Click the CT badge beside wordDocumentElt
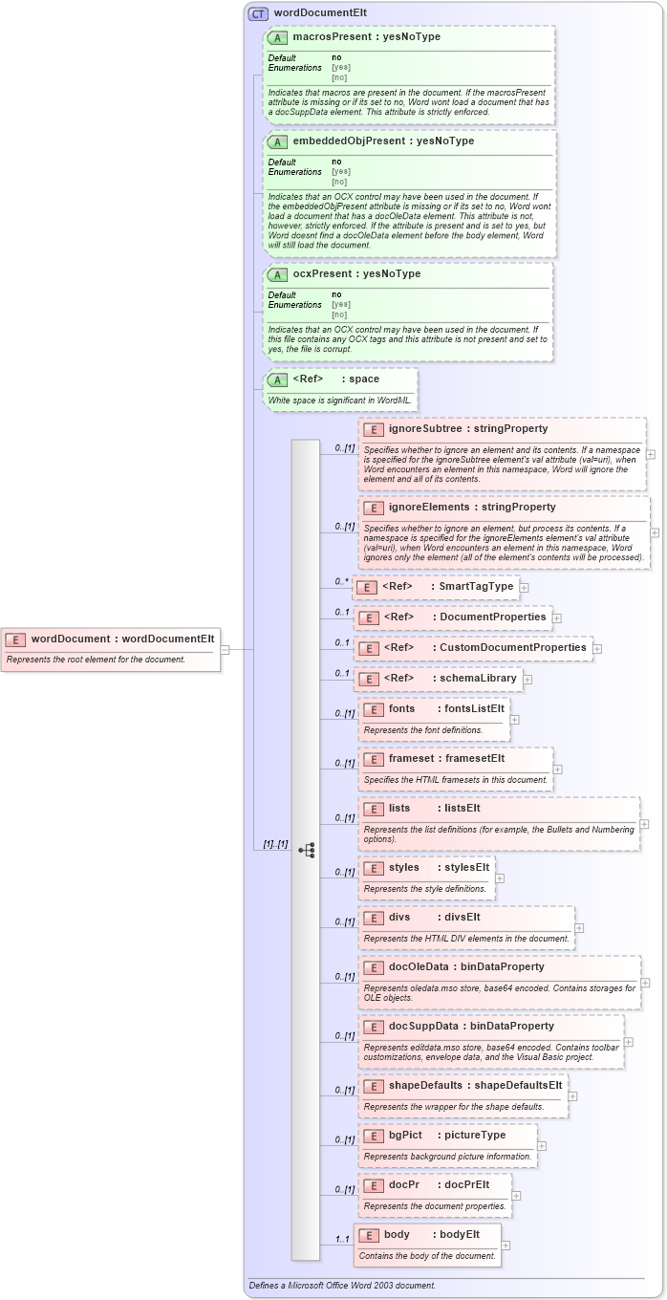pyautogui.click(x=258, y=13)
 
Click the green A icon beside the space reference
pyautogui.click(x=277, y=379)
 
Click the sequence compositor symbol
pyautogui.click(x=307, y=849)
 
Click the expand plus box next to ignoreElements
pyautogui.click(x=655, y=532)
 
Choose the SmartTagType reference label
pyautogui.click(x=477, y=586)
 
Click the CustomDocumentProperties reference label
pyautogui.click(x=512, y=647)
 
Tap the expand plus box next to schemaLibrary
pyautogui.click(x=527, y=679)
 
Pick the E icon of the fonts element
pyautogui.click(x=373, y=709)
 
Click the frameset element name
pyautogui.click(x=411, y=759)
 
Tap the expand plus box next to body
pyautogui.click(x=506, y=1245)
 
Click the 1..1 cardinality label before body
pyautogui.click(x=341, y=1240)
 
